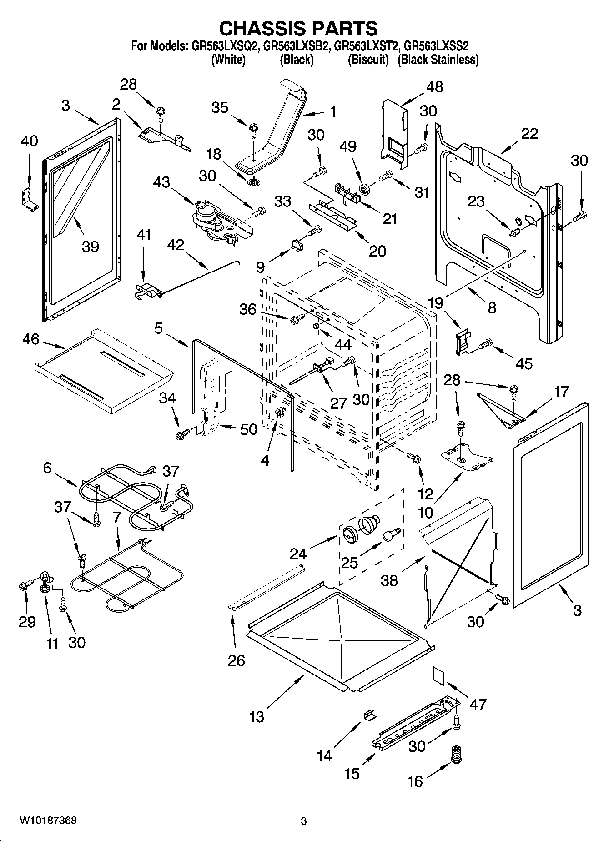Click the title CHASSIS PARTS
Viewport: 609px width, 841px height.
[x=298, y=28]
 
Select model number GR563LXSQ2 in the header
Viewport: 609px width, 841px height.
[x=224, y=46]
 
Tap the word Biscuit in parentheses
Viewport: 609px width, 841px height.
[x=368, y=60]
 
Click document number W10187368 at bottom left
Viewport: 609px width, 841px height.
[x=47, y=821]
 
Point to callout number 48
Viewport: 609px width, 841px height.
[x=434, y=87]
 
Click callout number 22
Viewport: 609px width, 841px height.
[x=529, y=133]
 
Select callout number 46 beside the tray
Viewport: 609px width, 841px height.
[x=31, y=339]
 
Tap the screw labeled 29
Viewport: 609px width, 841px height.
[x=25, y=585]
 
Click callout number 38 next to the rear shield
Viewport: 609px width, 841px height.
[x=389, y=580]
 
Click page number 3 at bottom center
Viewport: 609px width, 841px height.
[x=304, y=821]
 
